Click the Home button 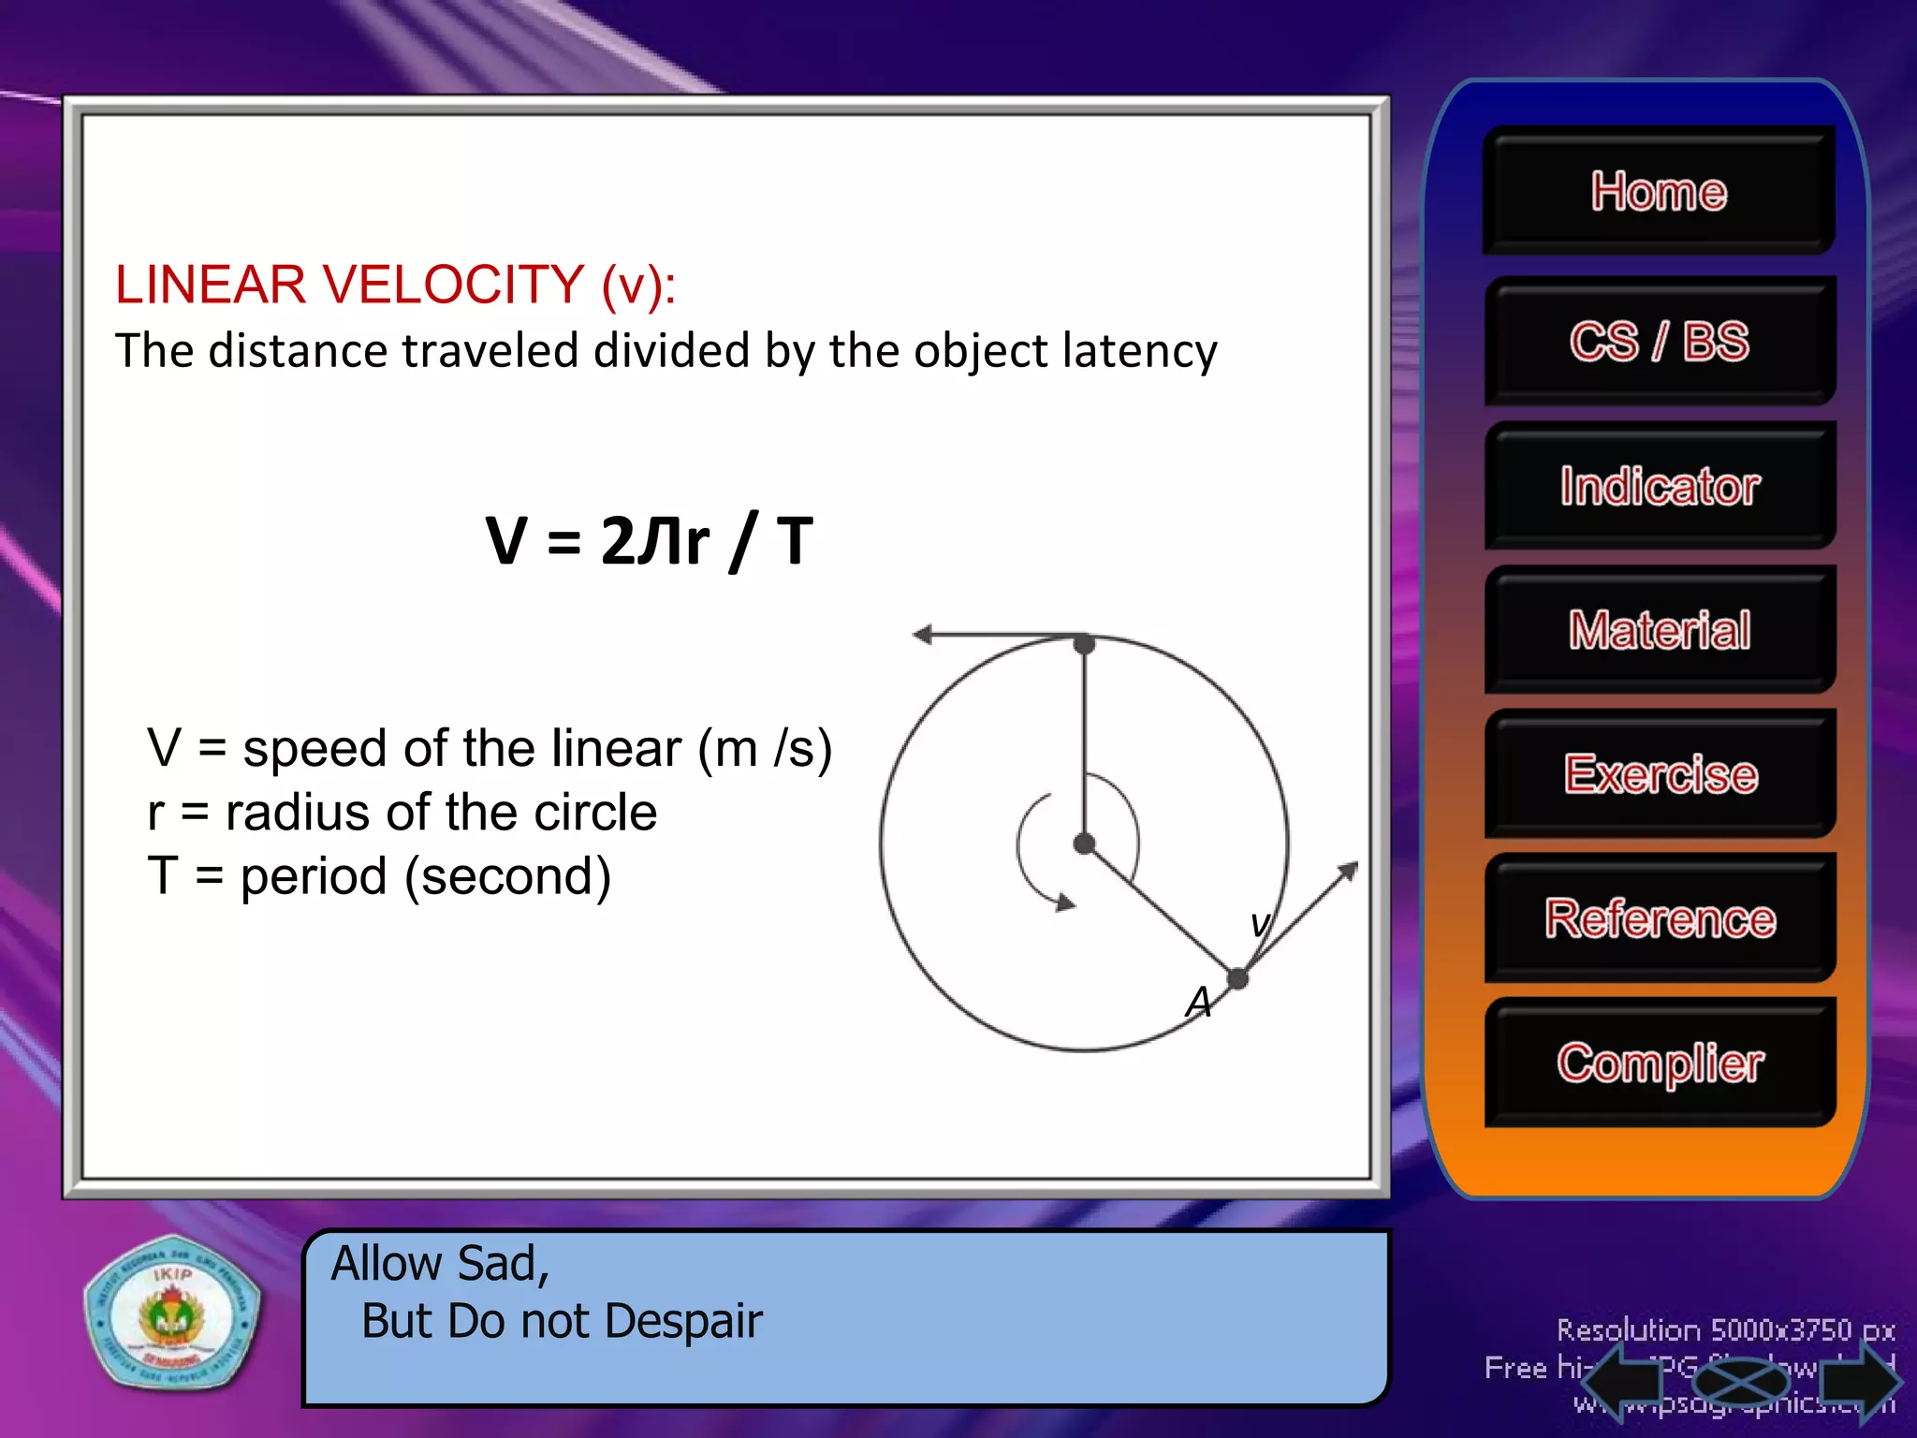point(1659,191)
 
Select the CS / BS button point(1659,341)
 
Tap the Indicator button point(1659,486)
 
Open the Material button point(1659,629)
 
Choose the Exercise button point(1659,774)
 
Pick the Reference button point(1659,918)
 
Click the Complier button point(1659,1063)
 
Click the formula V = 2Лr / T point(649,541)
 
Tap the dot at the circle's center point(1084,844)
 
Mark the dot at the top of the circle point(1084,644)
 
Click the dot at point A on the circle point(1237,979)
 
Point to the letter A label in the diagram point(1198,1003)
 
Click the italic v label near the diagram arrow point(1260,924)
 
